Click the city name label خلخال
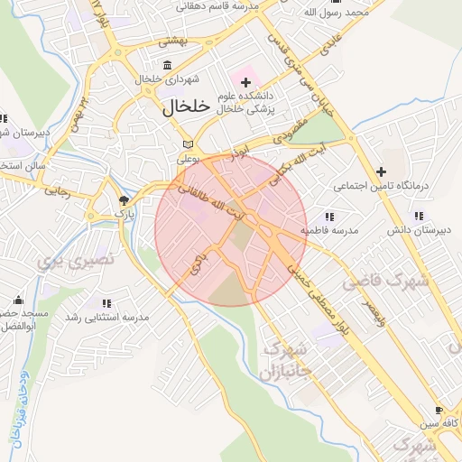(186, 106)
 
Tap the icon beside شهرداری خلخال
(169, 65)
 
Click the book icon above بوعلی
(188, 144)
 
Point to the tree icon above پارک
(123, 199)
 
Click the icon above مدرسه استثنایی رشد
(106, 303)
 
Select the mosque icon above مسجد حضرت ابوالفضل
(18, 299)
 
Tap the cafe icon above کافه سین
(426, 408)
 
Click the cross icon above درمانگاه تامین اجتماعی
(381, 171)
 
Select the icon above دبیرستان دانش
(418, 216)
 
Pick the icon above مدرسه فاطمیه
(329, 216)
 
